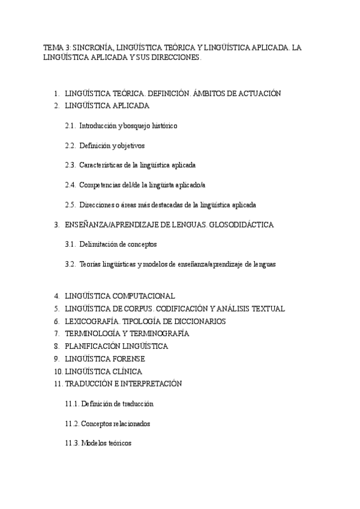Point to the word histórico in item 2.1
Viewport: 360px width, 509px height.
(x=162, y=126)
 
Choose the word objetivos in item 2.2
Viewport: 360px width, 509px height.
(x=129, y=146)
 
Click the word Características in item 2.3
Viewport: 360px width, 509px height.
(x=102, y=165)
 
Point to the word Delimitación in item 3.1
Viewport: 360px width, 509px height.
(x=99, y=244)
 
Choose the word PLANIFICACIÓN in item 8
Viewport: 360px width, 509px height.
(x=92, y=346)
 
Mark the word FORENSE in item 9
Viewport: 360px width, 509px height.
(x=129, y=359)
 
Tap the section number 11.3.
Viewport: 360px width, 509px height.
(x=72, y=443)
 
